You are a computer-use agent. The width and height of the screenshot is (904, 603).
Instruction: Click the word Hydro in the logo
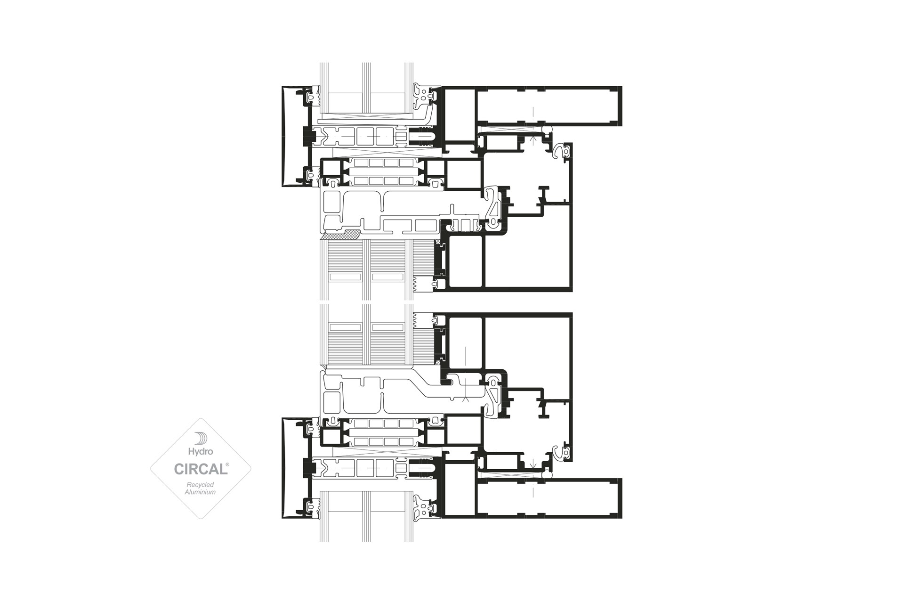pos(201,451)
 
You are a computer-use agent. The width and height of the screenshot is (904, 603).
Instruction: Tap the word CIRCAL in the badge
pos(201,469)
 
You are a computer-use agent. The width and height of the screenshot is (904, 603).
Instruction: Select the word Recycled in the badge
pos(201,485)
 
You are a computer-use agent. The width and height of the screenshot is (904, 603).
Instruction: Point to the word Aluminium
pos(201,492)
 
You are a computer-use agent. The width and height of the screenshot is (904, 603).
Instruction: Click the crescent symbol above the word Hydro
pos(201,438)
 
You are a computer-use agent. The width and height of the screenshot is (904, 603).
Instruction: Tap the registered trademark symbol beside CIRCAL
pos(228,464)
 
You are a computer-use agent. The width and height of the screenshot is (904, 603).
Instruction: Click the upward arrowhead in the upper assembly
pos(533,139)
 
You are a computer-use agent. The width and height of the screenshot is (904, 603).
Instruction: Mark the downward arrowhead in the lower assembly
pos(533,467)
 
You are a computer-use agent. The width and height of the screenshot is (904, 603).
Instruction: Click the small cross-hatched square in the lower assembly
pos(439,363)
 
